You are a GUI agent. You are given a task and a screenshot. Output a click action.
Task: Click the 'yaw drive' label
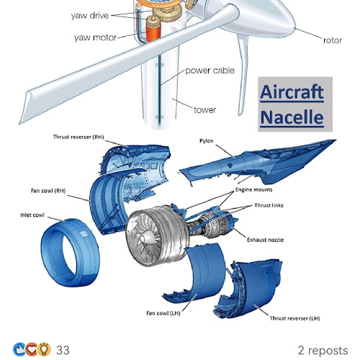(x=90, y=16)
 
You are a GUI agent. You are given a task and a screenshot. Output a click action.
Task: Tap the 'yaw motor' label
(x=95, y=37)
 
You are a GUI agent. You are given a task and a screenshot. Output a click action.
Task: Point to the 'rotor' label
(x=333, y=40)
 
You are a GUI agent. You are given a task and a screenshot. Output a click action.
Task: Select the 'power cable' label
(x=210, y=71)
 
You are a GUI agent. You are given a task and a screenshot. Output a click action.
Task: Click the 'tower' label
(x=205, y=110)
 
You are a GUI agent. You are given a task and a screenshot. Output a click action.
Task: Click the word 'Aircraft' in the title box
(x=292, y=92)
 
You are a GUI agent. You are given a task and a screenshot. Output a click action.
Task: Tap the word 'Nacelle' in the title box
(x=292, y=117)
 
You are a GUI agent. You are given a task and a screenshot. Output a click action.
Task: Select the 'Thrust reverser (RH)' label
(x=78, y=137)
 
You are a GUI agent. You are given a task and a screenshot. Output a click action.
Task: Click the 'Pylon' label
(x=207, y=141)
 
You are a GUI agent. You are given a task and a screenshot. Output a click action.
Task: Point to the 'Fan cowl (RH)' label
(x=48, y=191)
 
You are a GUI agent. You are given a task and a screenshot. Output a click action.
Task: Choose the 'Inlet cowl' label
(x=32, y=215)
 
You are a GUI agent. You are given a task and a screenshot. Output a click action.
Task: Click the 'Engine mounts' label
(x=254, y=189)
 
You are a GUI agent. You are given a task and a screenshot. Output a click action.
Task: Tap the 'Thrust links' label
(x=269, y=205)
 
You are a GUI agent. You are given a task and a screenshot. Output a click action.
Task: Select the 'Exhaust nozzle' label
(x=265, y=240)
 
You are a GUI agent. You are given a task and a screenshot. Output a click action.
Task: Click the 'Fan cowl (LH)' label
(x=163, y=313)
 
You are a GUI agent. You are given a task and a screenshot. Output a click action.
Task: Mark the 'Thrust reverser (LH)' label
(x=294, y=318)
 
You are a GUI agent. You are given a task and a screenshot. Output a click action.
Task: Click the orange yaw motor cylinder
(x=154, y=32)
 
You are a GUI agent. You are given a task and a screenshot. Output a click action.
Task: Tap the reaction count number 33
(x=63, y=350)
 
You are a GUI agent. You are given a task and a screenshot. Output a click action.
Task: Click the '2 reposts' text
(x=323, y=351)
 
